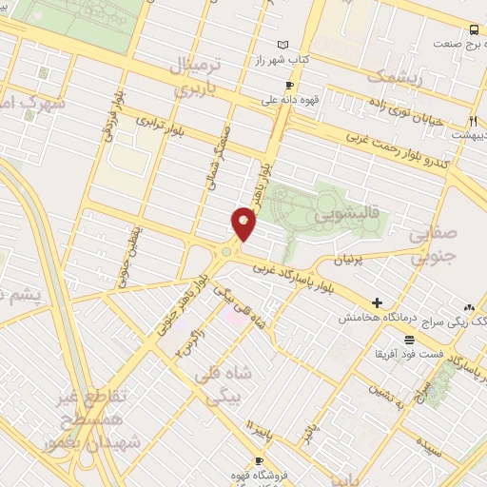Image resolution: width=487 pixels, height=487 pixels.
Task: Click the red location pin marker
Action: coord(243,224)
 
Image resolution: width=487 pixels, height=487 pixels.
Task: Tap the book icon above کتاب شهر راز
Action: coord(282,45)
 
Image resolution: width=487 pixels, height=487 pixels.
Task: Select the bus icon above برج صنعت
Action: coord(473,29)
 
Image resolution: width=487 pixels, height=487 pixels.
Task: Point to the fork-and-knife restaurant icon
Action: coord(473,121)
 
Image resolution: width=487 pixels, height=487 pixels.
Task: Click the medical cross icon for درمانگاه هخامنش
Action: coord(378,302)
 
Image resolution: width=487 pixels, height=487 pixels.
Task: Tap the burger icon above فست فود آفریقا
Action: coord(409,340)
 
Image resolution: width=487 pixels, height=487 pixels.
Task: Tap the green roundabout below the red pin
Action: coord(227,252)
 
